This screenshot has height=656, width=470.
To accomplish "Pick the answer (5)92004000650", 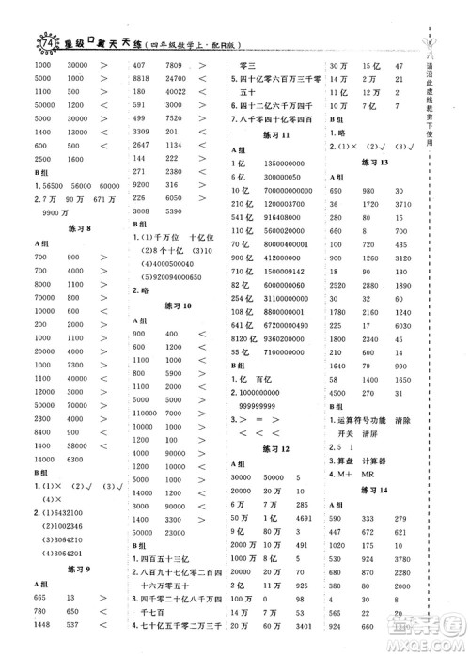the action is pos(172,278).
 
